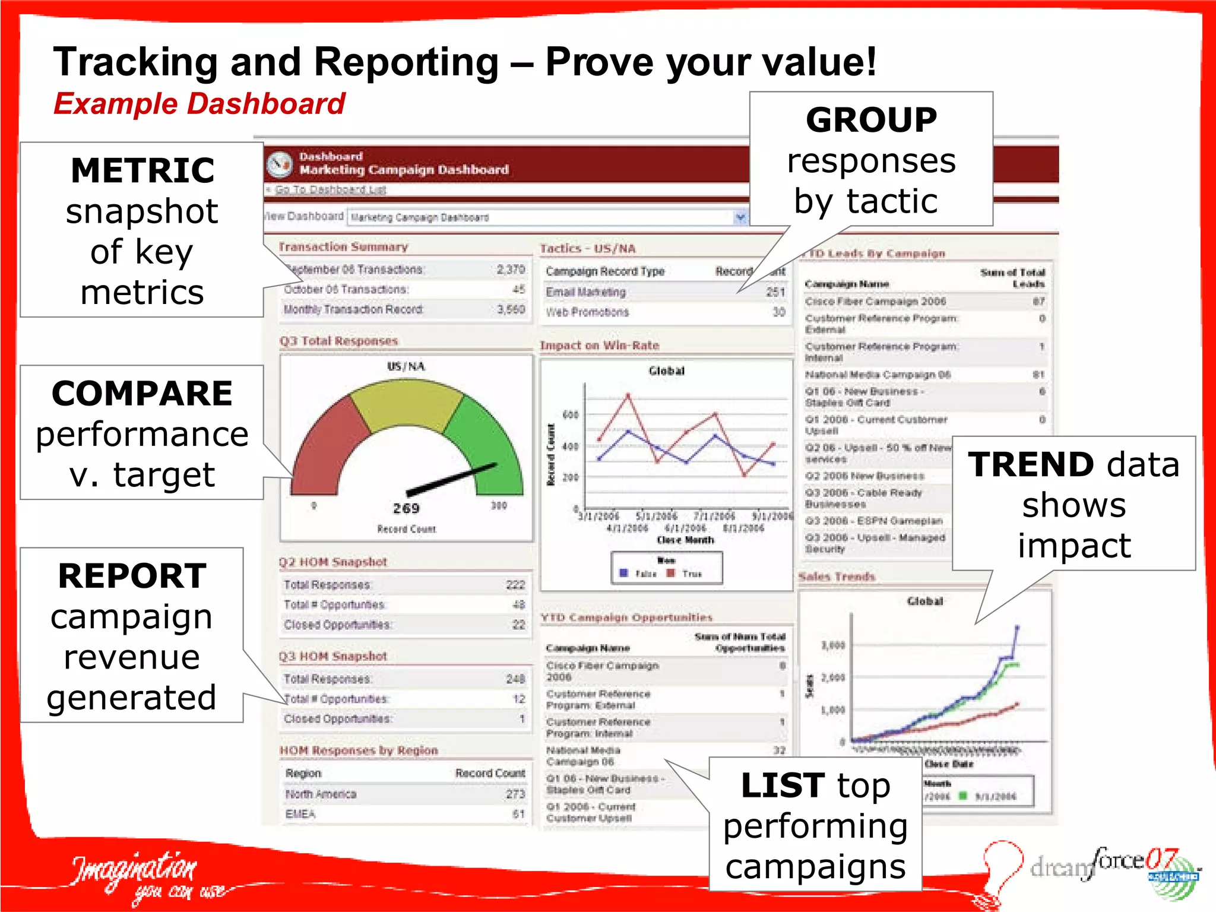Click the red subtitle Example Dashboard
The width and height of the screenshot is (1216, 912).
(199, 104)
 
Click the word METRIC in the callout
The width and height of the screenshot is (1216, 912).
(142, 171)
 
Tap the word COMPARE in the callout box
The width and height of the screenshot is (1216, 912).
(142, 394)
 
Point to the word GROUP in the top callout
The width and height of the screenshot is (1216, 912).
(871, 120)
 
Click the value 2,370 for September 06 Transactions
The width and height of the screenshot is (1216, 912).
(511, 270)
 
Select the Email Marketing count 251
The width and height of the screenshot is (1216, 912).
(775, 292)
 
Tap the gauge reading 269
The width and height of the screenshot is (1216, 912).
(406, 508)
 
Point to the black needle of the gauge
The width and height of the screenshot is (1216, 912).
(451, 479)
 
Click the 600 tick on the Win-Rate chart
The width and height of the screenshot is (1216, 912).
(570, 414)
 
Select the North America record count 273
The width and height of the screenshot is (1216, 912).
(515, 794)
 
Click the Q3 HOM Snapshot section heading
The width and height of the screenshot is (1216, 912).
(333, 656)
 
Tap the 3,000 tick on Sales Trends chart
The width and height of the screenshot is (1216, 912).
(832, 645)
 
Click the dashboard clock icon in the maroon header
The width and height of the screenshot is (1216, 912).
(280, 164)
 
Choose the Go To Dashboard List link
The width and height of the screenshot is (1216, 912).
(330, 189)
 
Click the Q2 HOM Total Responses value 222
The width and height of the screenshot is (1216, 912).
(515, 585)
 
